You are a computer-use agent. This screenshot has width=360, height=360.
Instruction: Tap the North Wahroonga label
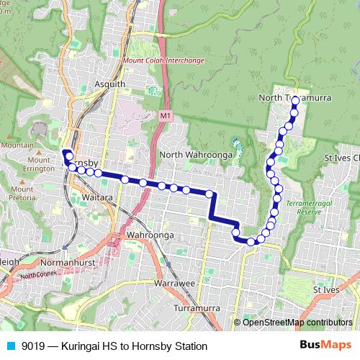pyautogui.click(x=194, y=155)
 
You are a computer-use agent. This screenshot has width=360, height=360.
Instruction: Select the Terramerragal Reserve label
pyautogui.click(x=308, y=209)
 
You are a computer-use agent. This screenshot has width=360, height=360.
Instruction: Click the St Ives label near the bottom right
pyautogui.click(x=326, y=289)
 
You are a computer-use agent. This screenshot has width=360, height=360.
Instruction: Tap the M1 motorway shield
pyautogui.click(x=166, y=115)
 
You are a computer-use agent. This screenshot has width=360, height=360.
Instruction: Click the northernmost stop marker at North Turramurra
pyautogui.click(x=295, y=101)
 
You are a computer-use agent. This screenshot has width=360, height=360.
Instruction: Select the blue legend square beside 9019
pyautogui.click(x=11, y=346)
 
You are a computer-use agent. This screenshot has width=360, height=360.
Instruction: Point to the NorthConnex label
pyautogui.click(x=37, y=275)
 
